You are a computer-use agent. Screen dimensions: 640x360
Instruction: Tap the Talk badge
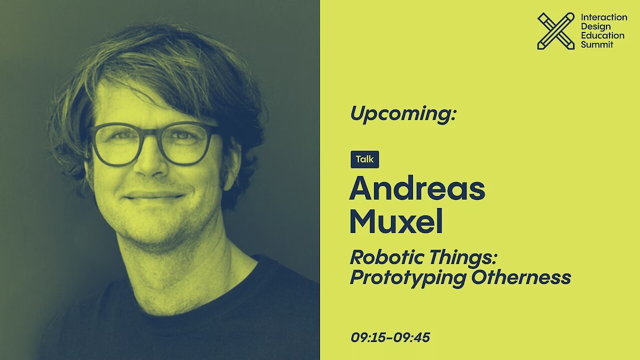click(x=365, y=159)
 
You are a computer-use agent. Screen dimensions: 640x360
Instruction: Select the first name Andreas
click(x=417, y=189)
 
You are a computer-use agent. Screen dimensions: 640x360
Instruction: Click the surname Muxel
click(x=396, y=221)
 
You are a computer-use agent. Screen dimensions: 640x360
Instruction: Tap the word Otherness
click(x=521, y=277)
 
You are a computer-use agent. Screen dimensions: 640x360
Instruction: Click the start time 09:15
click(x=368, y=337)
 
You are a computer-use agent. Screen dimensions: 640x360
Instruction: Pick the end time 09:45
click(x=411, y=337)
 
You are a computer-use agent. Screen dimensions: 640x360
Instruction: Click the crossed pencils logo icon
click(x=556, y=31)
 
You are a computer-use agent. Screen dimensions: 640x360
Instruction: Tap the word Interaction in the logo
click(x=604, y=17)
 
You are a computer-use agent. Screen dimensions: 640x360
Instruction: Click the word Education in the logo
click(x=602, y=35)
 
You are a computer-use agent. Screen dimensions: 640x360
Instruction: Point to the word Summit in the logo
click(x=597, y=44)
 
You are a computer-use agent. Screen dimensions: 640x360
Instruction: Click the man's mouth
click(x=154, y=196)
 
